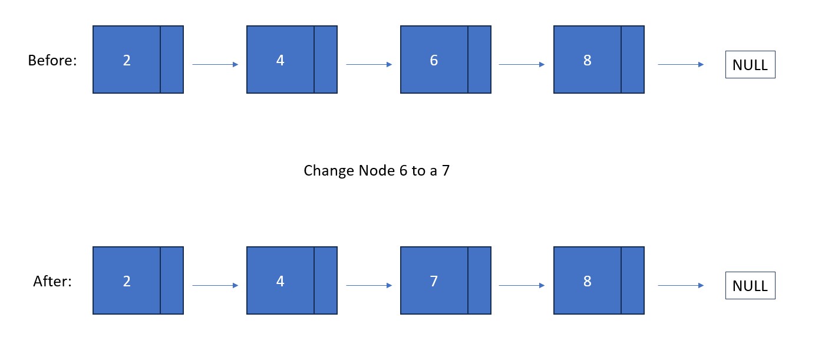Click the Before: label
click(x=52, y=60)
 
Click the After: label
click(x=52, y=281)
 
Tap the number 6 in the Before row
click(x=434, y=60)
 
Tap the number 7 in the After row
click(x=434, y=281)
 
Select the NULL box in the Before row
click(x=750, y=64)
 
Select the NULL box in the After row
click(x=750, y=286)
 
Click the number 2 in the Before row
click(x=127, y=60)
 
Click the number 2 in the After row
click(x=127, y=281)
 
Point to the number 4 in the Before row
click(x=280, y=60)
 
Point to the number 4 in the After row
click(x=280, y=281)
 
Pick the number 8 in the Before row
click(x=588, y=60)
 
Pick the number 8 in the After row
click(x=588, y=281)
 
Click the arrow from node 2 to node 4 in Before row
click(x=215, y=64)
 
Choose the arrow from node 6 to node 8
click(x=522, y=64)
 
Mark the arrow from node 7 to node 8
click(x=522, y=286)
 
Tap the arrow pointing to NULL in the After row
click(x=681, y=286)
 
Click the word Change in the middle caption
click(x=329, y=171)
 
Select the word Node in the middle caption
click(x=377, y=171)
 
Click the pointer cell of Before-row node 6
click(x=480, y=60)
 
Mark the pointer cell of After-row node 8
click(x=633, y=280)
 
